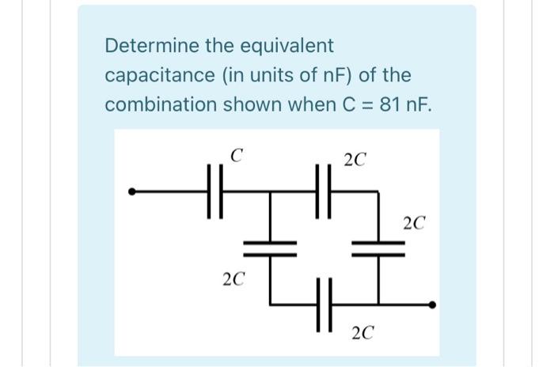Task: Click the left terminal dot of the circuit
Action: [133, 191]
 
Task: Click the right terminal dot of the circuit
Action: [431, 304]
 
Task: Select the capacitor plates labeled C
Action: [214, 191]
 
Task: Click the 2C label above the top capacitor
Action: [355, 161]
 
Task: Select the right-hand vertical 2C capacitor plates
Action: [378, 248]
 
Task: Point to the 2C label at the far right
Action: [414, 223]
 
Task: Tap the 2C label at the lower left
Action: [233, 278]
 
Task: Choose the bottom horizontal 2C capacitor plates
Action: [323, 304]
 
